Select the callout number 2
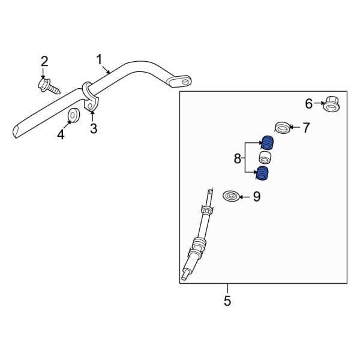[x=44, y=61]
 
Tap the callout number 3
[x=93, y=128]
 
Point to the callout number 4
[x=61, y=134]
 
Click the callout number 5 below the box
[x=227, y=301]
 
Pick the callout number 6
[x=308, y=104]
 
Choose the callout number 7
[x=306, y=127]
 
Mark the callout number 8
[x=238, y=159]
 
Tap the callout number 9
[x=256, y=196]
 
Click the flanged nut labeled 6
[x=331, y=104]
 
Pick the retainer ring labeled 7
[x=282, y=127]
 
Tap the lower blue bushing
[x=262, y=174]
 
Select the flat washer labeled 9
[x=230, y=196]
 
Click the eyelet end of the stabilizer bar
[x=180, y=81]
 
